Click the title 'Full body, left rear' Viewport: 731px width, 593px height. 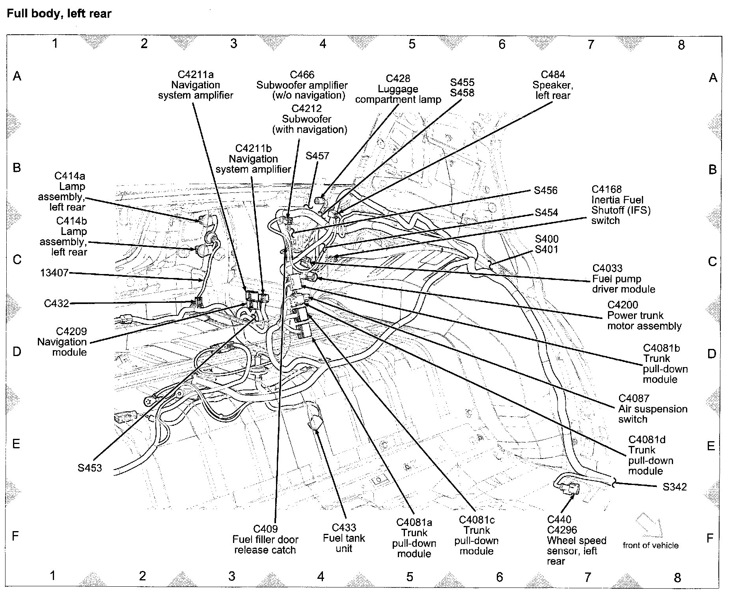coord(59,14)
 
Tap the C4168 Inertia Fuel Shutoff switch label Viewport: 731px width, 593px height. coord(620,205)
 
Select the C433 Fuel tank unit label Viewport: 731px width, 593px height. coord(344,538)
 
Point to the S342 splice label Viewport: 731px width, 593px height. coord(675,487)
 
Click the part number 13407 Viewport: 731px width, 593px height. coord(54,273)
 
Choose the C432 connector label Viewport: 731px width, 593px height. coord(56,303)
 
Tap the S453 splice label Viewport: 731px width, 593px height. coord(90,468)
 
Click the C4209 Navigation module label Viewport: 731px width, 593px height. coord(62,342)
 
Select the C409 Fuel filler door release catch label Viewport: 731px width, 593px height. coord(265,539)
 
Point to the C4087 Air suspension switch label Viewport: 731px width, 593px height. coord(652,409)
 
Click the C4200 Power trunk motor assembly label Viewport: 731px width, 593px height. coord(644,315)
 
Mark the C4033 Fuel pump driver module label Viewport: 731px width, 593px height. coord(623,279)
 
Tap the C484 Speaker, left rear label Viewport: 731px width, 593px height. coord(553,85)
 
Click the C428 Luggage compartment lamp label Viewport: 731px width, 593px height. coord(398,89)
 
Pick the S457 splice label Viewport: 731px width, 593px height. coord(317,156)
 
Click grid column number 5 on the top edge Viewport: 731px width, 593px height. coord(412,44)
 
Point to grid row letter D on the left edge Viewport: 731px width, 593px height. coord(17,352)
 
